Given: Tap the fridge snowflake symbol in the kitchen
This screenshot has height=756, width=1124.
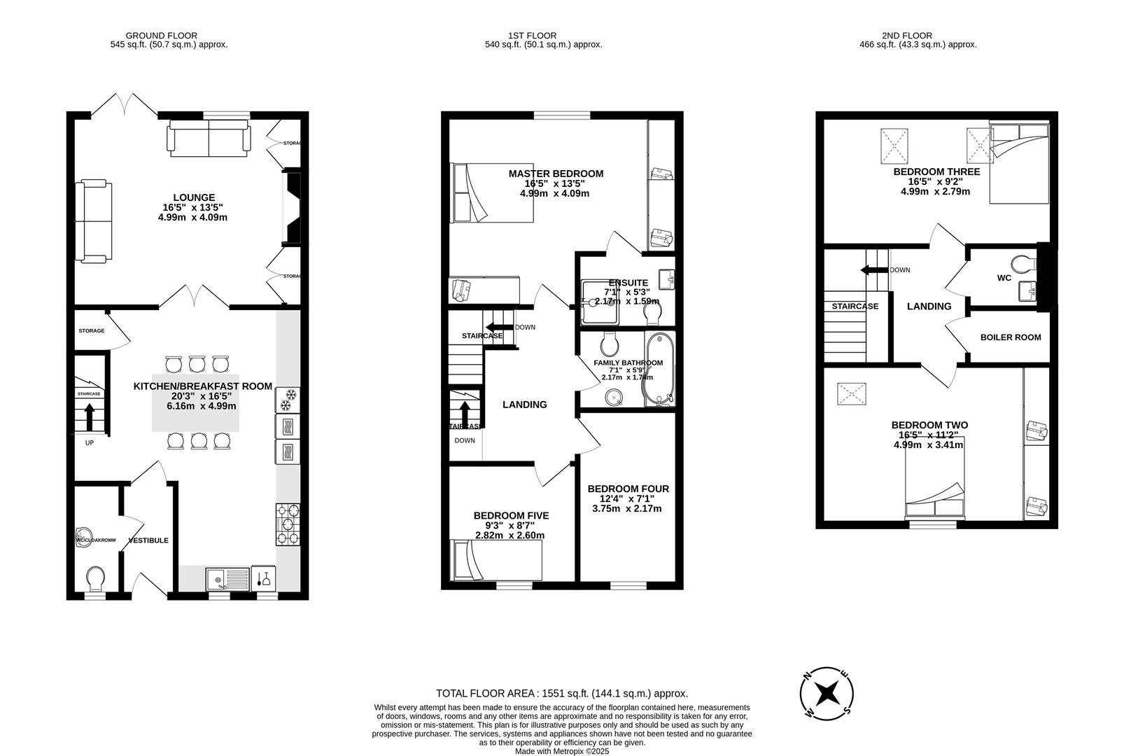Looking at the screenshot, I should [288, 404].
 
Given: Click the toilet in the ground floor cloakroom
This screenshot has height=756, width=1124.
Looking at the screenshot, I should [94, 578].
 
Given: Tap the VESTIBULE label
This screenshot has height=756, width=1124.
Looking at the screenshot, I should [148, 540].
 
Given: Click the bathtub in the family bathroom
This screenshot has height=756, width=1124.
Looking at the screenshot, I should [660, 370].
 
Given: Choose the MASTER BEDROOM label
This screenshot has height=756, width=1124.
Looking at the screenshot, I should [555, 174].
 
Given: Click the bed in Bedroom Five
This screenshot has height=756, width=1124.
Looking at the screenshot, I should [496, 559].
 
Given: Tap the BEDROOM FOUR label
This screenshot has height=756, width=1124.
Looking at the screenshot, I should [628, 489].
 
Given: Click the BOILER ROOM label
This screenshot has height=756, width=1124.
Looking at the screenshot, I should [1010, 337].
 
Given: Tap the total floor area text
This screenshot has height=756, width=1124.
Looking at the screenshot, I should [561, 694].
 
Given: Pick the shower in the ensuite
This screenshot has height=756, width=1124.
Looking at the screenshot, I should [599, 302].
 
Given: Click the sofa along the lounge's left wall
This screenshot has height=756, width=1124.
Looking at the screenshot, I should [94, 220].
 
